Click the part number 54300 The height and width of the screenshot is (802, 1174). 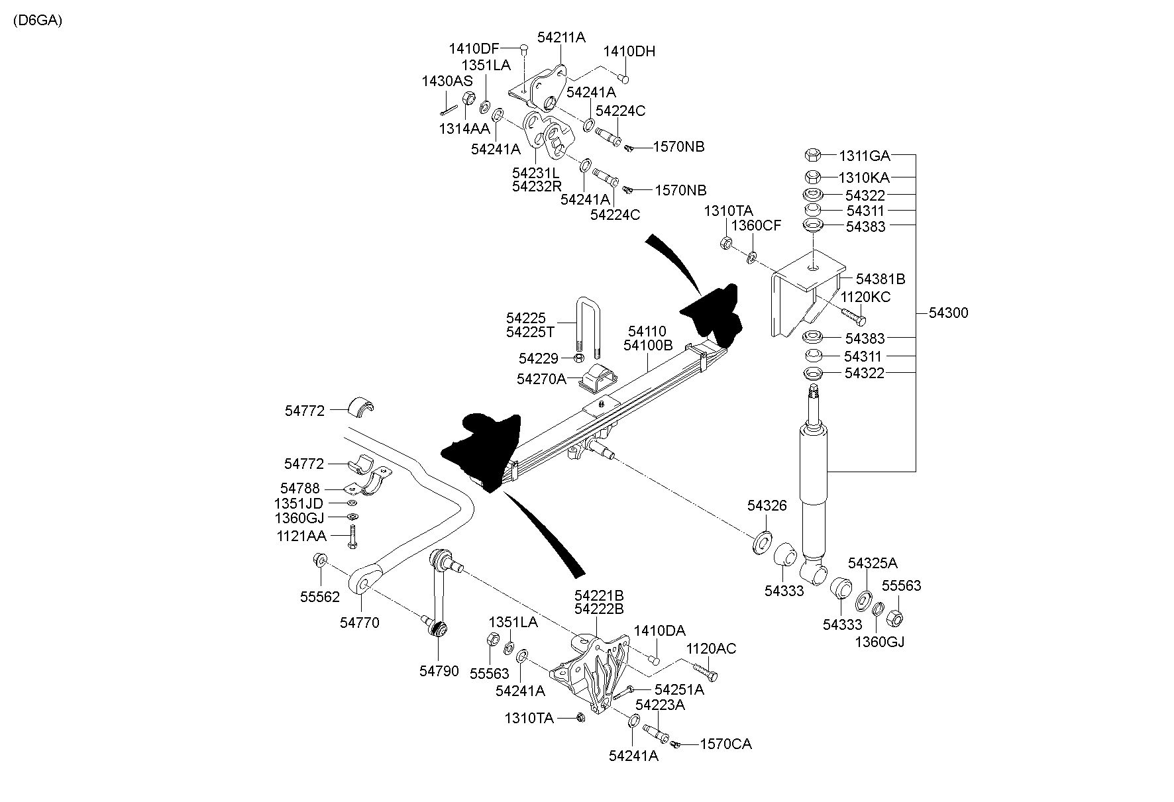(x=948, y=313)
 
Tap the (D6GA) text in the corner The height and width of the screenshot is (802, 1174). (x=37, y=21)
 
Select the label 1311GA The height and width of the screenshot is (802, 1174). (x=864, y=156)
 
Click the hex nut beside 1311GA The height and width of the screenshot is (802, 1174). (x=814, y=156)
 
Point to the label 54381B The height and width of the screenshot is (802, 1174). (x=880, y=279)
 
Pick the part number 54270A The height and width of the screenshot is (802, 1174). (x=542, y=379)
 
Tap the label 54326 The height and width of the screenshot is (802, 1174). (x=767, y=506)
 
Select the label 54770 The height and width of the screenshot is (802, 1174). (x=360, y=623)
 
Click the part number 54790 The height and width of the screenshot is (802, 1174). (x=439, y=671)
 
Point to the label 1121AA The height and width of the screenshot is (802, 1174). (x=301, y=535)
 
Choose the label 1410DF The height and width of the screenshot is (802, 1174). (x=474, y=48)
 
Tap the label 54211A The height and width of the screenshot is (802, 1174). (x=562, y=38)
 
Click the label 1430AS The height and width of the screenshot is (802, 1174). (x=447, y=81)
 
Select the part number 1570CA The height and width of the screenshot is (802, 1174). (x=726, y=744)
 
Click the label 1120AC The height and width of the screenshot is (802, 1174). (x=711, y=649)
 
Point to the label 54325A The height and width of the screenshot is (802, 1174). (x=873, y=563)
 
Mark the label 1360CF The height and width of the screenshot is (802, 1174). (x=756, y=226)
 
